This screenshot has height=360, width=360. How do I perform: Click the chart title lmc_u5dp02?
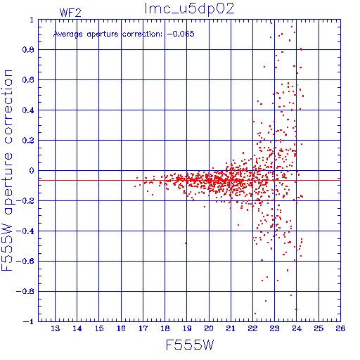(189, 9)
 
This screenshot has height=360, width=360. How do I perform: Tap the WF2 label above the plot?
(70, 13)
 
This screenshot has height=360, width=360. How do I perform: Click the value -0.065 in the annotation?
(181, 34)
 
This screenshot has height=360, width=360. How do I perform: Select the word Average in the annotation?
(68, 34)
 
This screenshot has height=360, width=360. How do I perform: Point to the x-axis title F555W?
(190, 345)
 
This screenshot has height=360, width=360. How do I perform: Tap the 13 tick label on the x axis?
(56, 328)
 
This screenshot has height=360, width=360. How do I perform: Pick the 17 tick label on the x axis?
(143, 328)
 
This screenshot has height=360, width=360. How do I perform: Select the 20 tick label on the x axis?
(209, 328)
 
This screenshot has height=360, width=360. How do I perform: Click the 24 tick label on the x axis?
(297, 328)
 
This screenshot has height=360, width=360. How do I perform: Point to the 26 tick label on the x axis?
(340, 328)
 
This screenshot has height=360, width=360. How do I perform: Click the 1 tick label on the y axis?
(32, 20)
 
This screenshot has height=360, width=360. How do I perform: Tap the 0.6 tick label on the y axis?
(28, 80)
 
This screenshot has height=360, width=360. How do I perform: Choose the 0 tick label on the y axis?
(32, 170)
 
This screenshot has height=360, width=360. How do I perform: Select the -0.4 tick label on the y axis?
(25, 231)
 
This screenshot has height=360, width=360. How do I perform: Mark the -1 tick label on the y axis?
(29, 321)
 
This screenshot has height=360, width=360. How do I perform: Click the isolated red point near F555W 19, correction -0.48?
(186, 243)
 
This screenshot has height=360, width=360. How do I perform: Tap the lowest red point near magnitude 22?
(255, 314)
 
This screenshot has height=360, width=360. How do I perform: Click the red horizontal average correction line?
(189, 180)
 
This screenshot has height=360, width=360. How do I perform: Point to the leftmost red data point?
(135, 186)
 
